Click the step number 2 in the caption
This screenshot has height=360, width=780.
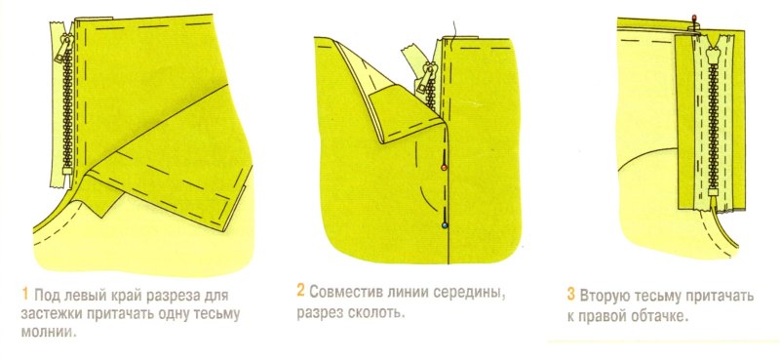[x=300, y=292]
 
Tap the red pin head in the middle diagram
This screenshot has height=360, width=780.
[x=445, y=168]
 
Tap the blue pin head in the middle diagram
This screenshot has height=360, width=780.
[x=445, y=224]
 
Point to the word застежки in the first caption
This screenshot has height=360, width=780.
[x=56, y=314]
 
